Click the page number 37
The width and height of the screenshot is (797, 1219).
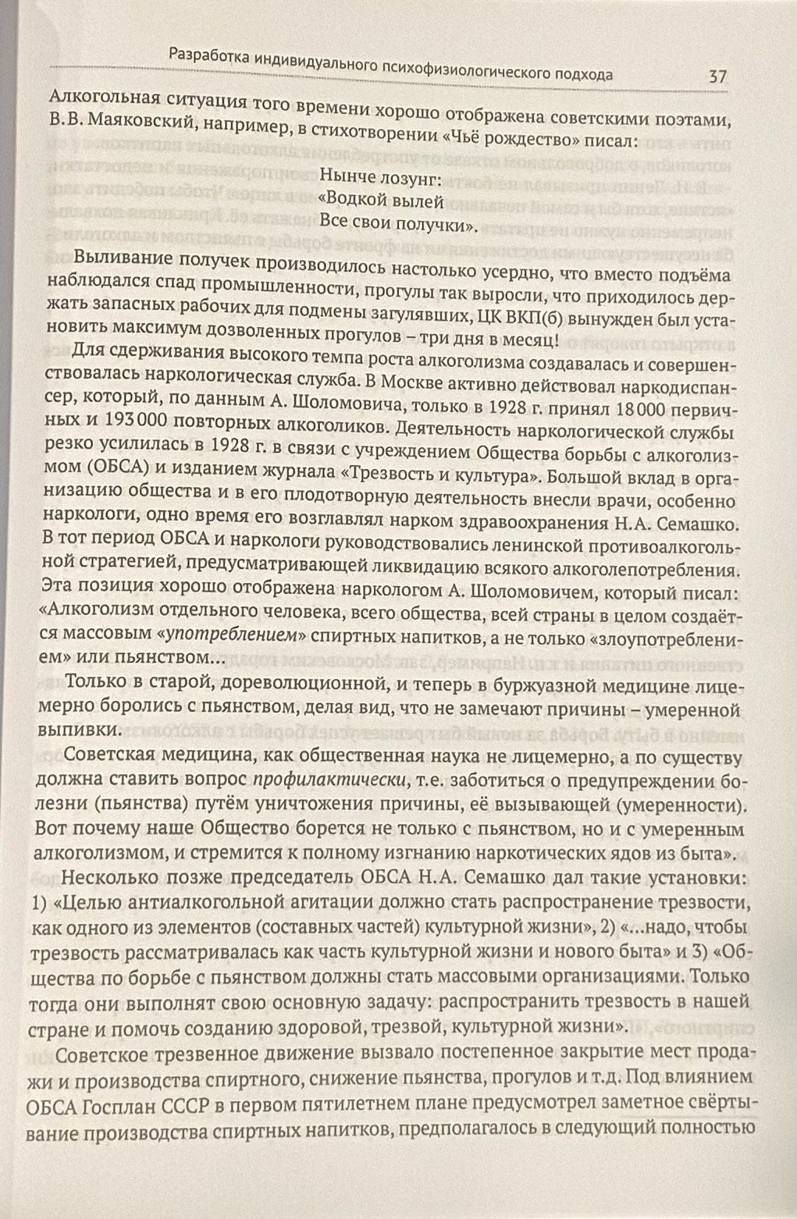(717, 76)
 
